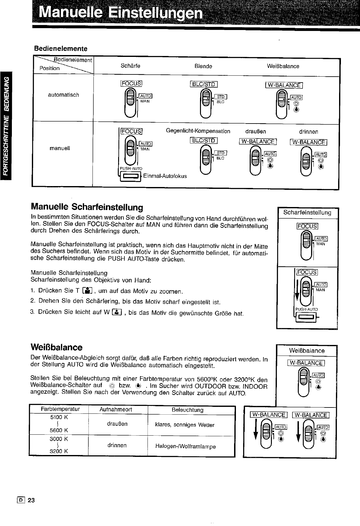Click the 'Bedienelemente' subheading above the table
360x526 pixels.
tap(61, 49)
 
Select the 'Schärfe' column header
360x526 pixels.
tap(130, 66)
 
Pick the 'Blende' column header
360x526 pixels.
tap(203, 66)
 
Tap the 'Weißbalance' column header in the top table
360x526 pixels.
tap(283, 66)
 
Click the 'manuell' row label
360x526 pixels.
tap(60, 148)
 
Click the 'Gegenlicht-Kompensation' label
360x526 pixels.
tap(198, 131)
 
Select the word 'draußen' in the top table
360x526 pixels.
tap(256, 131)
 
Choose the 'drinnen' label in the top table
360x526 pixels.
tap(308, 132)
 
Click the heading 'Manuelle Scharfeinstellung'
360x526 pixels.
tap(87, 207)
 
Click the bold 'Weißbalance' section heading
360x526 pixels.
tap(57, 347)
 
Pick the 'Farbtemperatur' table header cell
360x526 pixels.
tap(60, 409)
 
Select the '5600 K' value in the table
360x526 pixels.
tap(59, 430)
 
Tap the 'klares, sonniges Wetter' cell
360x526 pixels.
tap(185, 425)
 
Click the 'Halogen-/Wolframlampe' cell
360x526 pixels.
tap(185, 447)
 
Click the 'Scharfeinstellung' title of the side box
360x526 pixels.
tap(307, 213)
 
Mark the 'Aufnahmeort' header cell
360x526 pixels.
tap(116, 409)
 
